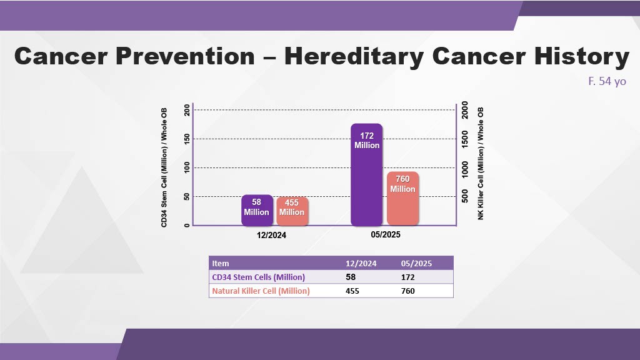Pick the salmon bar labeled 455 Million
pyautogui.click(x=292, y=211)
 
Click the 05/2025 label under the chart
pyautogui.click(x=385, y=235)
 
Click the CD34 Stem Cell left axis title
pyautogui.click(x=165, y=166)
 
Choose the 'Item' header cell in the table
pyautogui.click(x=221, y=263)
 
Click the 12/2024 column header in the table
pyautogui.click(x=361, y=263)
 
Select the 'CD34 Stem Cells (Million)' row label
pyautogui.click(x=259, y=277)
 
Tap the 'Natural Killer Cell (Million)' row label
pyautogui.click(x=261, y=291)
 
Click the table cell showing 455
pyautogui.click(x=353, y=291)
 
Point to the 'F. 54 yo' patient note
pyautogui.click(x=607, y=81)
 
